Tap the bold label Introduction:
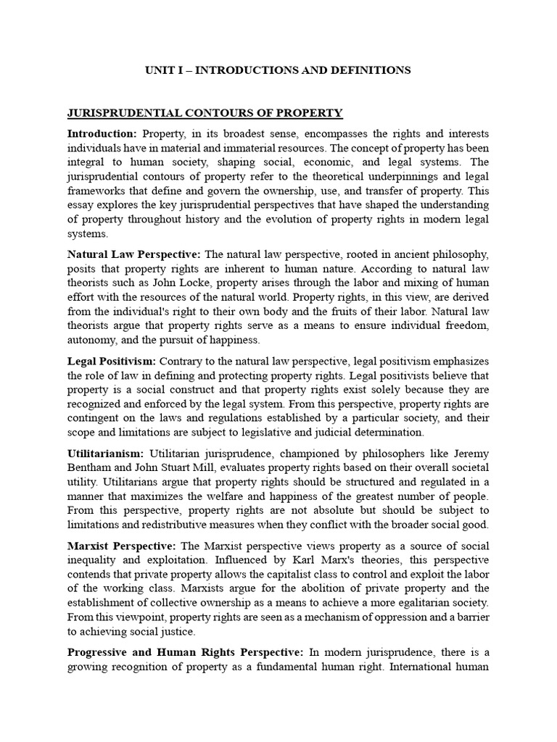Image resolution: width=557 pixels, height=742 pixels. [102, 134]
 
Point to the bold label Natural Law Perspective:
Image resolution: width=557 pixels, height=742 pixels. [134, 254]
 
